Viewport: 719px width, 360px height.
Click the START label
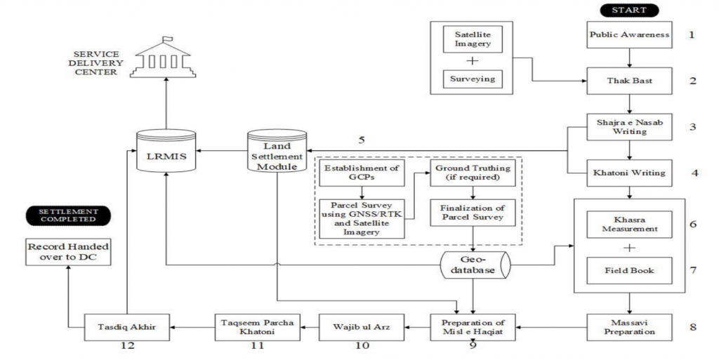629,10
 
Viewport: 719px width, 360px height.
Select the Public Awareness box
629,35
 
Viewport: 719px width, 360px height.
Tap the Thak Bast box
629,81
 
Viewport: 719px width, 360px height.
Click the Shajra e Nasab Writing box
629,127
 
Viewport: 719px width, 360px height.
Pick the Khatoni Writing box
629,173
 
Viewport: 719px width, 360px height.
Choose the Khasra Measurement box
629,225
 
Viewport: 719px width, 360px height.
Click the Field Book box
629,270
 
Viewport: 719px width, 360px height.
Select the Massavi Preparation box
629,327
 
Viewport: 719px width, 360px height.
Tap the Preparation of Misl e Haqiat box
473,327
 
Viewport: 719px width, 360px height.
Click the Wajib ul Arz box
362,327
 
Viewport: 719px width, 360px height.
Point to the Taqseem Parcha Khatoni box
257,327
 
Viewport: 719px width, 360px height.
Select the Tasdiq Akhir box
126,327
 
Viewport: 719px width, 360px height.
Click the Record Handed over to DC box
68,252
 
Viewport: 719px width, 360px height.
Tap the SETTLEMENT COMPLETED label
68,215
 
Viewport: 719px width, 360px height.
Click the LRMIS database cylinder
166,151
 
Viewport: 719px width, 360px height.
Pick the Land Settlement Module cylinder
277,151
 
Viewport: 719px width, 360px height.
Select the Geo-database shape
475,265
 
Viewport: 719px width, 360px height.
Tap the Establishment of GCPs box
362,173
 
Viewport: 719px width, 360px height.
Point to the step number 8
693,327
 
